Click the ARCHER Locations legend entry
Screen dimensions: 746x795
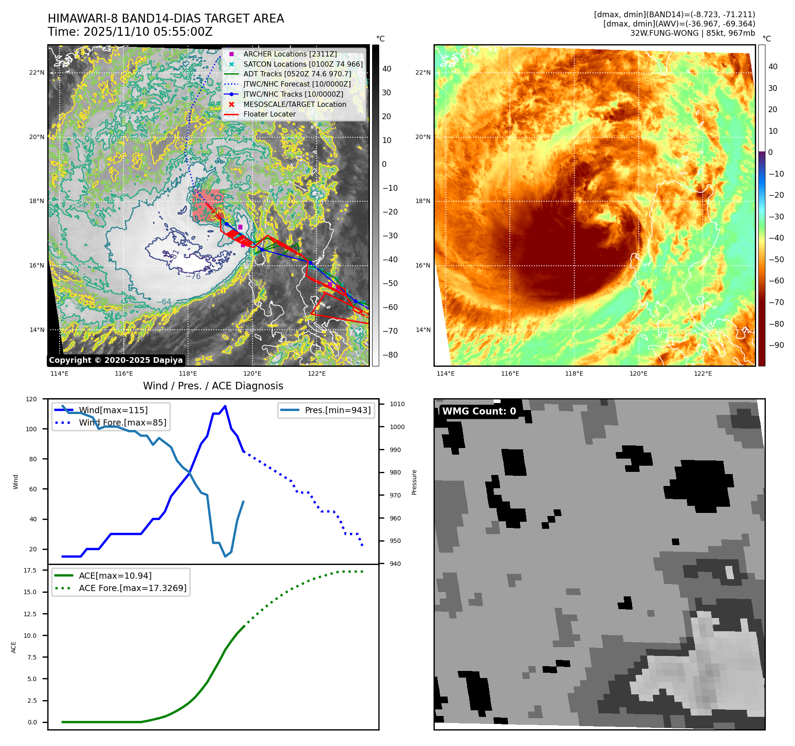[x=290, y=54]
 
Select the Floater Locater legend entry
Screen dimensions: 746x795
[x=269, y=114]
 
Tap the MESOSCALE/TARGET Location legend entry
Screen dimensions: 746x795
[x=294, y=104]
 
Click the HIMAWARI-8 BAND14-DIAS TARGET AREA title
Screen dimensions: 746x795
[x=166, y=19]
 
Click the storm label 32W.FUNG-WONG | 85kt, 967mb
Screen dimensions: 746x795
[x=692, y=33]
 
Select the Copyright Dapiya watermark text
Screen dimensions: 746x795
[x=116, y=360]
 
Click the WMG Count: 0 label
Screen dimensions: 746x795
[x=479, y=411]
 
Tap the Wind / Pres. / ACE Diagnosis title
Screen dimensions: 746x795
[x=213, y=386]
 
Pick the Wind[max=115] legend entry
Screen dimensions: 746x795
[x=113, y=410]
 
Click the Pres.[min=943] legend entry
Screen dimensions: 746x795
[x=337, y=410]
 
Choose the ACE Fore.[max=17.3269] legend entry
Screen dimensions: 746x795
[x=132, y=588]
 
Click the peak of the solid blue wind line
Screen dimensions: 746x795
[x=225, y=406]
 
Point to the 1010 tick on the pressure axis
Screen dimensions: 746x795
[x=397, y=404]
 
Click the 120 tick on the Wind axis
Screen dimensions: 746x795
[x=31, y=399]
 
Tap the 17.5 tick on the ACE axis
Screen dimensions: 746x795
[x=30, y=570]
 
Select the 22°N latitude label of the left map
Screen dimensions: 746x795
[x=37, y=72]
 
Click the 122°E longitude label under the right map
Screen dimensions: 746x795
[x=702, y=373]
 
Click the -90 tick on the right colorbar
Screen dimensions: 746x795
[x=776, y=345]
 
